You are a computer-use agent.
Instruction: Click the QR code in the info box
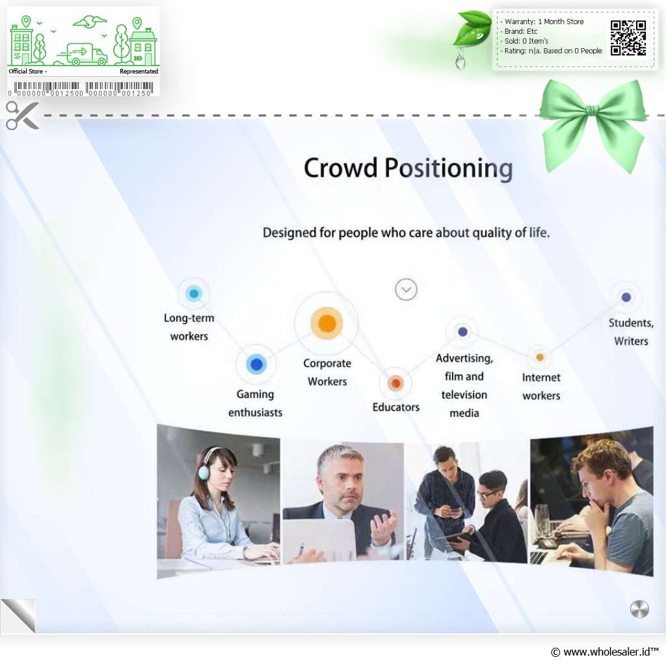pos(628,38)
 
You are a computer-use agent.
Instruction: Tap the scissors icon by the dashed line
pos(22,115)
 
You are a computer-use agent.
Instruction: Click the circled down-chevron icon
pos(406,289)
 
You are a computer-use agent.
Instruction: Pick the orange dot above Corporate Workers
pos(326,323)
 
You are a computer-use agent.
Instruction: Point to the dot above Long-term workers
pos(194,293)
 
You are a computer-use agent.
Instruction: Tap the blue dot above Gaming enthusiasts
pos(256,364)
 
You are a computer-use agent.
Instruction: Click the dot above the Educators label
pos(395,383)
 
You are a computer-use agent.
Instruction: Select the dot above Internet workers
pos(539,357)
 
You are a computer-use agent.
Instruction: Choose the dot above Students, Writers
pos(626,297)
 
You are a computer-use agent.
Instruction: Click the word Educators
pos(396,407)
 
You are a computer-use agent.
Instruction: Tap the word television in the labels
pos(464,395)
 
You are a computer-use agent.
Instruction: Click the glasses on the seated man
pos(486,494)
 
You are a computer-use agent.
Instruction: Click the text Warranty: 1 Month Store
pos(544,21)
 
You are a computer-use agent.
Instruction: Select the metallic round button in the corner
pos(639,609)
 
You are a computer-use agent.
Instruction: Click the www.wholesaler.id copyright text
pos(605,652)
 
